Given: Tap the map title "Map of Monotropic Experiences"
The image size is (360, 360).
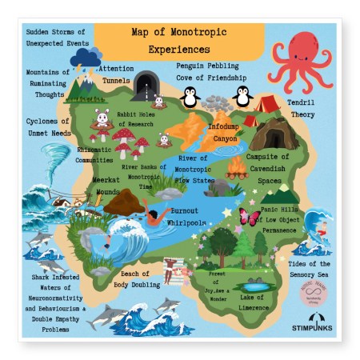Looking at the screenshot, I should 178,41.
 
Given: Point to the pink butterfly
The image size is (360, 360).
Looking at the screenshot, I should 249,216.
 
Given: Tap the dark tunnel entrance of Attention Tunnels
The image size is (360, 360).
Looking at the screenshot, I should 146,82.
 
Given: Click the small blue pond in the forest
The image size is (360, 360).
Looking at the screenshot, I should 255,285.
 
